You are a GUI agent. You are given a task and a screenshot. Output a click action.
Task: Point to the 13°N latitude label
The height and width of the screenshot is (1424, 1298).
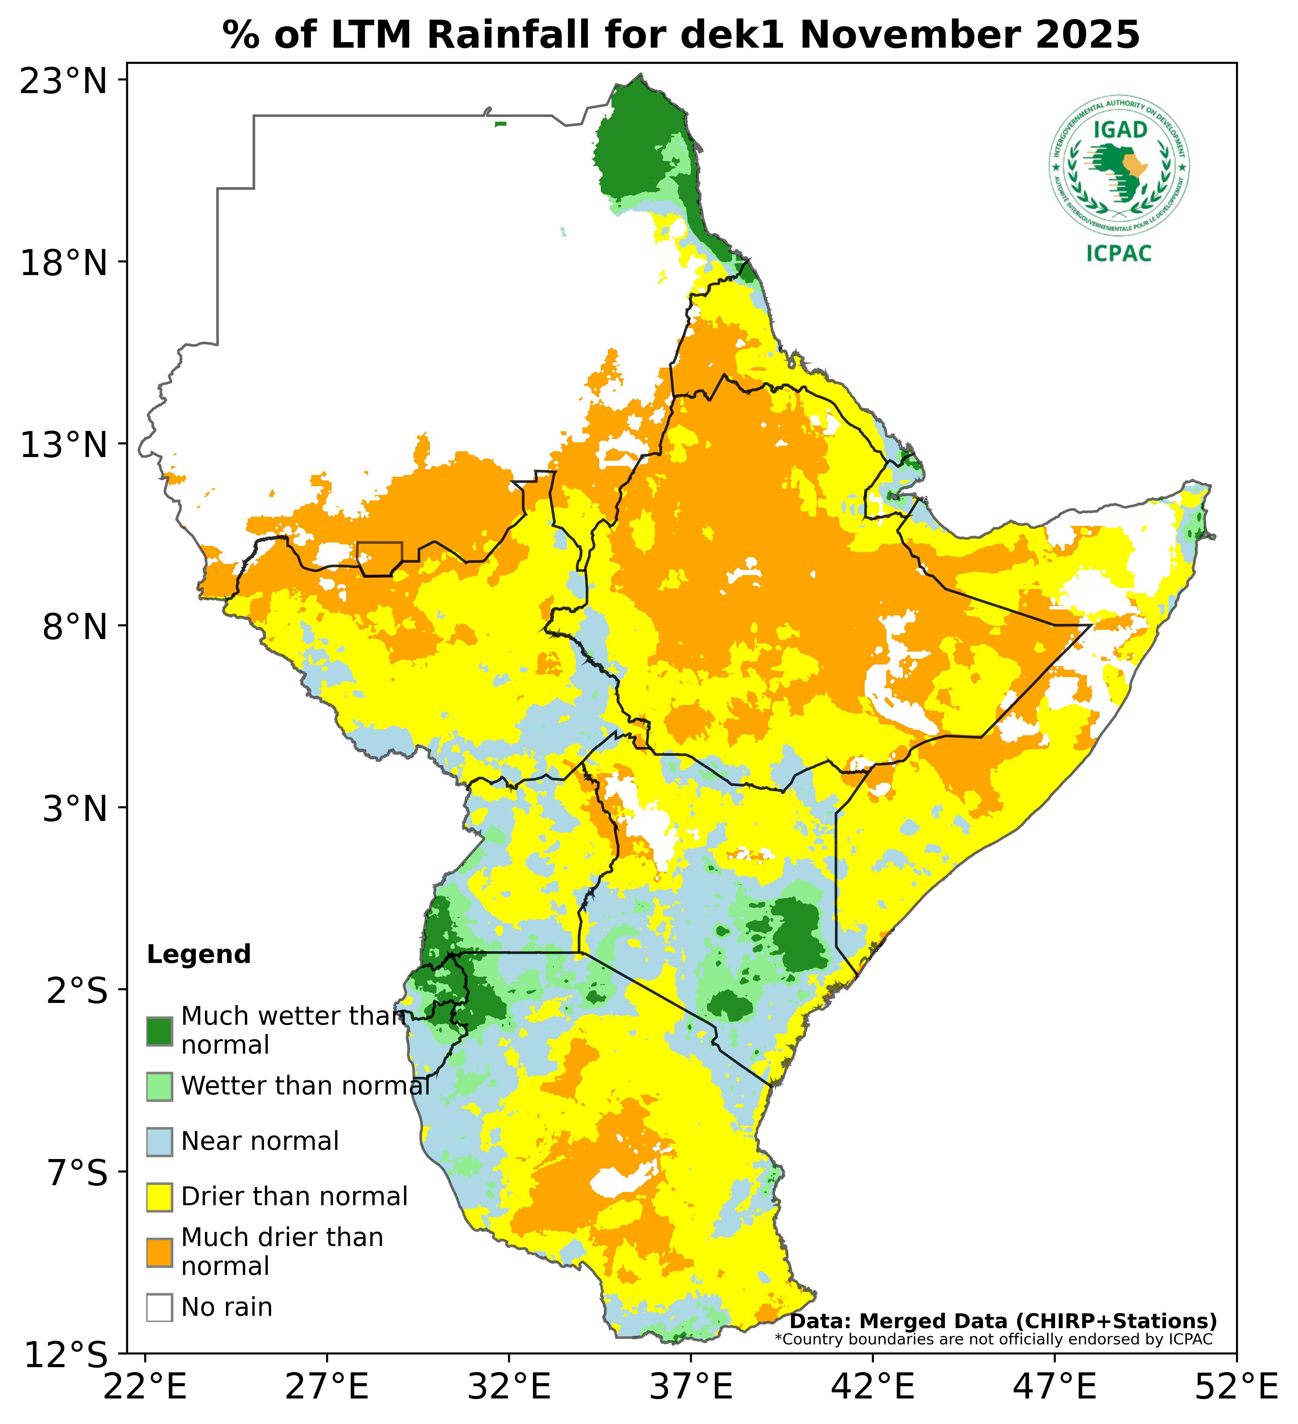tap(64, 445)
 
